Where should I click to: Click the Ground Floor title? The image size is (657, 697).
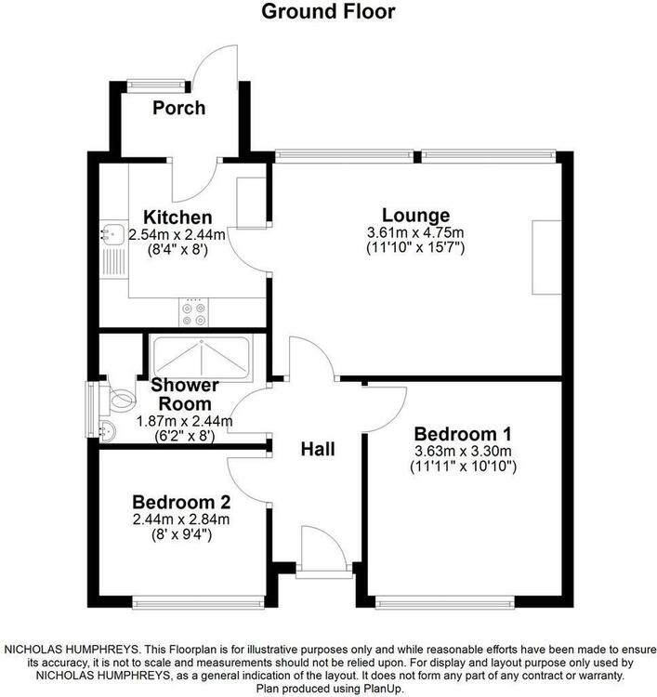point(328,11)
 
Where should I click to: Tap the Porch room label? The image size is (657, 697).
point(179,108)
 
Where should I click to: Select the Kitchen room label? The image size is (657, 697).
point(177,217)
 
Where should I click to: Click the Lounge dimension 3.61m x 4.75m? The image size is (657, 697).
point(415,232)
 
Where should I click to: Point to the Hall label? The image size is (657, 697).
point(318,449)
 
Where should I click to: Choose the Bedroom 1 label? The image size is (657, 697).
point(463,434)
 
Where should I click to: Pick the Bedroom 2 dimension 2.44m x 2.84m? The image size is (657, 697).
point(181,519)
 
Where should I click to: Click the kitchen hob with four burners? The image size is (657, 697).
point(194,312)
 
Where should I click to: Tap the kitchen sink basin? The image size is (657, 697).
point(112,234)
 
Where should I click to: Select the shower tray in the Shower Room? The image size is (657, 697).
point(202,359)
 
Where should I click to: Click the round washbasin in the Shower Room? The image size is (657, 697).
point(107,430)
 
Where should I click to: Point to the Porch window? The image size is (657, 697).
point(156,85)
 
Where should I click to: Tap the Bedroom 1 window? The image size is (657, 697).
point(445,602)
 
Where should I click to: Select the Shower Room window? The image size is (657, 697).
point(92,409)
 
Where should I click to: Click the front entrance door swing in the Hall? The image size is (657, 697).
point(323,546)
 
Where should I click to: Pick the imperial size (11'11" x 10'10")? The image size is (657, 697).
point(463,467)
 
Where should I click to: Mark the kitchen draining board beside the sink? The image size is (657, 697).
point(113,262)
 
